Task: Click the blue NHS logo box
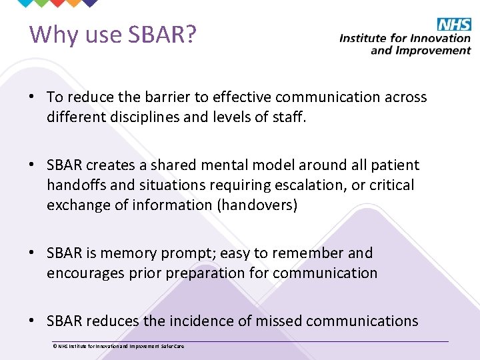point(454,25)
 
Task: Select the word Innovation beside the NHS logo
point(443,38)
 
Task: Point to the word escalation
point(309,185)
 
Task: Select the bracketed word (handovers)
point(257,205)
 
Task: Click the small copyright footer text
point(118,346)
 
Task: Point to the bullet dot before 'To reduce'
point(32,98)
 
